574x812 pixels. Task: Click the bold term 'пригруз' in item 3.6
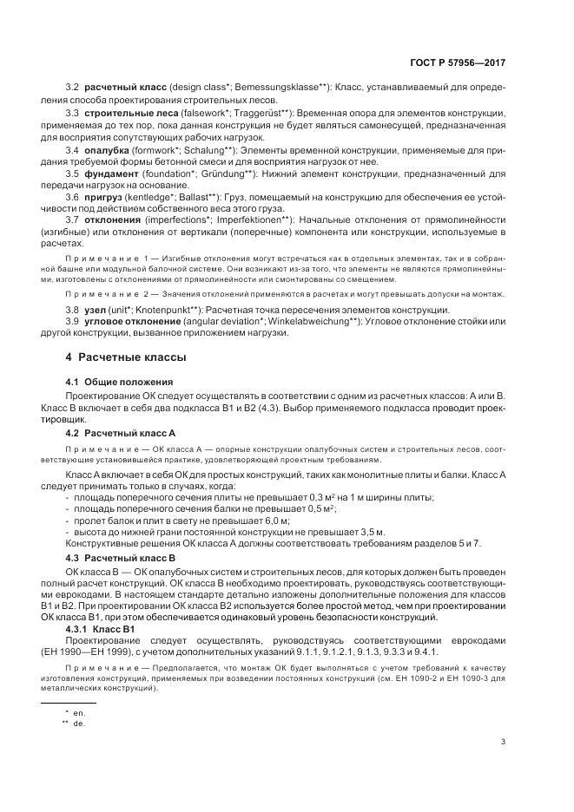point(104,197)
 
